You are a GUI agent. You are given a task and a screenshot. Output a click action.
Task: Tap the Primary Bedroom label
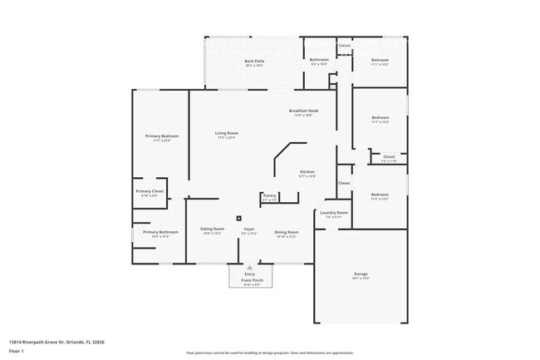point(161,136)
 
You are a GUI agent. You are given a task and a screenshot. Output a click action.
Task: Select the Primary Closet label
point(150,191)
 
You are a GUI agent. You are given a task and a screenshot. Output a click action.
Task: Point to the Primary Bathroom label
point(160,232)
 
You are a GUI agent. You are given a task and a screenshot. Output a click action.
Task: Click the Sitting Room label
point(212,229)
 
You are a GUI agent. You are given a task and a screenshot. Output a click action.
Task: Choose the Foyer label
point(248,229)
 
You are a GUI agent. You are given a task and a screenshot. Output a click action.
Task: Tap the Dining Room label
point(285,232)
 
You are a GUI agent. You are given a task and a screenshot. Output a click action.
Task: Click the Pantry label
point(269,195)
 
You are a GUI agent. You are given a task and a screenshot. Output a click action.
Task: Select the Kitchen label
point(307,172)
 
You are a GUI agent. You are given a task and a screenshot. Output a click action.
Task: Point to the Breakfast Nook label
point(303,111)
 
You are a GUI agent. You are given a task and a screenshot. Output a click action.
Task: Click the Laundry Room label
point(334,213)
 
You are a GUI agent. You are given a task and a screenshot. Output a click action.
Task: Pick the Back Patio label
point(254,61)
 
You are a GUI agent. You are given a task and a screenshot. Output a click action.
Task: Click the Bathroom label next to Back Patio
point(320,60)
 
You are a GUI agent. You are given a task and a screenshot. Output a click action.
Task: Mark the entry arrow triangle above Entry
point(249,267)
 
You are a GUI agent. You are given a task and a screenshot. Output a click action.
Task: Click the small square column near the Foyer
point(239,217)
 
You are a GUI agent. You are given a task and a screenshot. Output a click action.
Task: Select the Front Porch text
point(249,280)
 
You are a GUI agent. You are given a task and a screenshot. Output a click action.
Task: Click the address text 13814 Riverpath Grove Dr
point(56,341)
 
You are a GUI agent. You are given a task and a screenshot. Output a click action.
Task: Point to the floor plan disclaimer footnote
point(270,353)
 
